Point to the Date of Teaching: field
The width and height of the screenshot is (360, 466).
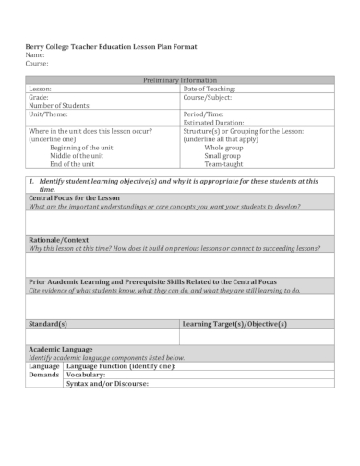210,89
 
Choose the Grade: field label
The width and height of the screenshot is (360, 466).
39,97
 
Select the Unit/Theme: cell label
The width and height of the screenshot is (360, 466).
49,114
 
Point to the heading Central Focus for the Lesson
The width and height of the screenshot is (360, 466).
74,198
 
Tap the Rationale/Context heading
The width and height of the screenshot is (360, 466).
59,240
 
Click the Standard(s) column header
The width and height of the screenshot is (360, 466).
49,324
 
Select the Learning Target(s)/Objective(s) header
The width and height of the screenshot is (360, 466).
234,324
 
